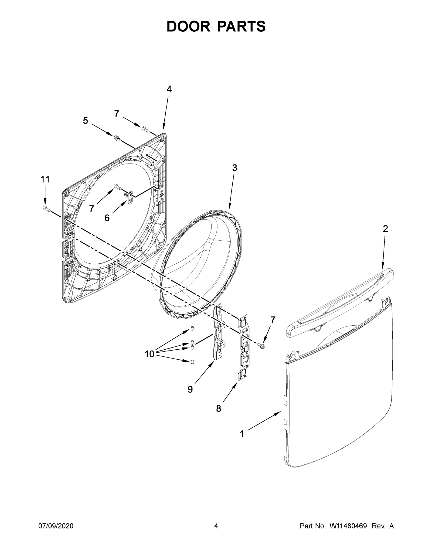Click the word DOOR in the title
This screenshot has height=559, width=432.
click(x=188, y=26)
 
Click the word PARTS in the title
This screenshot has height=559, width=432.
click(x=242, y=26)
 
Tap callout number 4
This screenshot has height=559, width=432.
click(x=169, y=89)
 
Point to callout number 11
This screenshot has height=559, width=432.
click(x=45, y=179)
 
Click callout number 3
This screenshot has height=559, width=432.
click(x=235, y=168)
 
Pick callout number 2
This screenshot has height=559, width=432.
click(x=385, y=228)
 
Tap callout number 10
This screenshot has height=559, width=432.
click(x=150, y=354)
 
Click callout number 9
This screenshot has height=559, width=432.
click(x=190, y=389)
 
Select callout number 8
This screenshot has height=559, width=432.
click(x=218, y=409)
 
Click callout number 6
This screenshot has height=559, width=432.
click(x=107, y=218)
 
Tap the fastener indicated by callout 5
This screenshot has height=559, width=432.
click(x=117, y=137)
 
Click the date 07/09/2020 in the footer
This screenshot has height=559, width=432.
click(x=56, y=526)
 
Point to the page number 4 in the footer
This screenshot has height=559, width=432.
click(x=216, y=526)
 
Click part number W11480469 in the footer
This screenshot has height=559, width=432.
click(x=348, y=526)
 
